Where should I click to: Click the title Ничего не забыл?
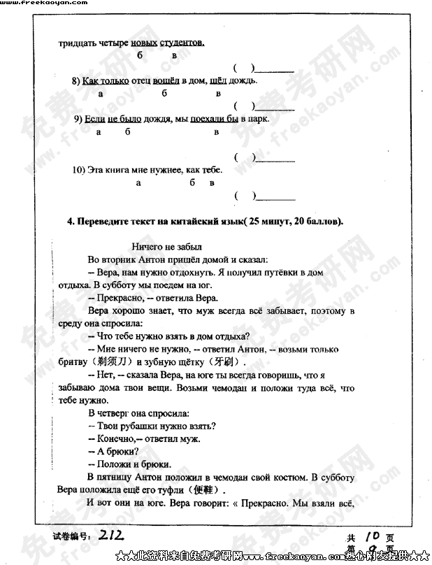pyautogui.click(x=166, y=246)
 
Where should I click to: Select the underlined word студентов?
pyautogui.click(x=182, y=43)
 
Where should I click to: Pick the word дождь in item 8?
pyautogui.click(x=243, y=80)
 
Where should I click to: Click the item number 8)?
pyautogui.click(x=76, y=80)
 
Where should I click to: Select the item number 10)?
pyautogui.click(x=79, y=170)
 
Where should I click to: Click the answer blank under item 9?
pyautogui.click(x=275, y=159)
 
